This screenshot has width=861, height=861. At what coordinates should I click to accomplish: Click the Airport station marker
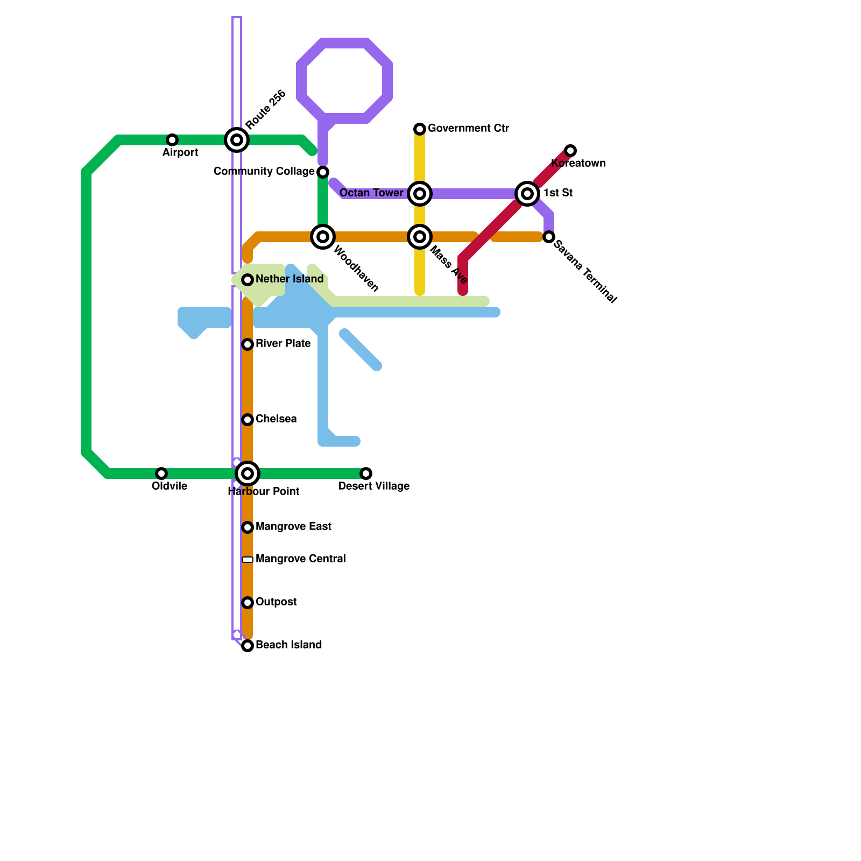(x=172, y=140)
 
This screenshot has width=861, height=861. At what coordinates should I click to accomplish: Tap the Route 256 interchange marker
(x=237, y=140)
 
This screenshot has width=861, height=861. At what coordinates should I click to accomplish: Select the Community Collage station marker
(x=323, y=172)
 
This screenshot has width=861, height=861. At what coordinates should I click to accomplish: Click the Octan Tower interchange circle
(x=420, y=194)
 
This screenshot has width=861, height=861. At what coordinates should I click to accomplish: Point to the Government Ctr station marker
(x=420, y=129)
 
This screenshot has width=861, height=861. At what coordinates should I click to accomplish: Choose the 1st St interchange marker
(x=527, y=194)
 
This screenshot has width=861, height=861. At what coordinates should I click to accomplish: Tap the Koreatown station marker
(x=570, y=151)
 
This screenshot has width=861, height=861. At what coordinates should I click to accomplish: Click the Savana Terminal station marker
(x=549, y=237)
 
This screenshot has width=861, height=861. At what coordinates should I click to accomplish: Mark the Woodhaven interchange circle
(x=323, y=237)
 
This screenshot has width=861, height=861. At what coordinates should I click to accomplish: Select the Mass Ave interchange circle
(x=420, y=237)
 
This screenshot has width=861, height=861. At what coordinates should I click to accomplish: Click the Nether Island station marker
(x=248, y=280)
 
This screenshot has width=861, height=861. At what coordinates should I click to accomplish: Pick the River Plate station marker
(x=248, y=344)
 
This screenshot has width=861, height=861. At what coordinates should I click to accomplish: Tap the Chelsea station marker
(x=248, y=420)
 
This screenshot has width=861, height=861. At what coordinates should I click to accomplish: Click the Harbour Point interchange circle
(x=248, y=474)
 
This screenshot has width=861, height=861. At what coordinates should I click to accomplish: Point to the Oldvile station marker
(x=161, y=474)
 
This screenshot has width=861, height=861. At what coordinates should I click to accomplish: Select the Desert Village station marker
(x=366, y=474)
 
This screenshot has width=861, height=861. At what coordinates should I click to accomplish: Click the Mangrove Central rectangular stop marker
(x=248, y=560)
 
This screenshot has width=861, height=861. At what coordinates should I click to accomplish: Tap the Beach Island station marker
(x=248, y=646)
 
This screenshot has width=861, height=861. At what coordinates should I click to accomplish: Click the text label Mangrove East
(x=293, y=527)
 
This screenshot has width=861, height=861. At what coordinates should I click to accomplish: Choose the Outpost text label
(x=276, y=602)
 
